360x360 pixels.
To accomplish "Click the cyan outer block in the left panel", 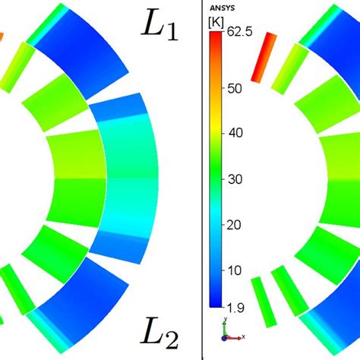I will pyautogui.click(x=129, y=179).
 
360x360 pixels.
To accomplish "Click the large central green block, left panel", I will pyautogui.click(x=76, y=179).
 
